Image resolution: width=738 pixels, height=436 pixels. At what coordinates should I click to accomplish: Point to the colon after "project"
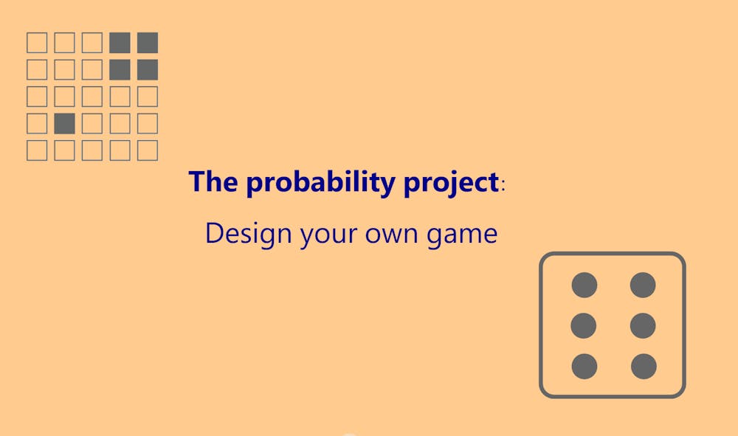(x=503, y=186)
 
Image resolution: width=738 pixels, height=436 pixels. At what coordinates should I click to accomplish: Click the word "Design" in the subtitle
(x=249, y=234)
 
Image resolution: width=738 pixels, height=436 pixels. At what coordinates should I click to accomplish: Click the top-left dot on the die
(x=584, y=285)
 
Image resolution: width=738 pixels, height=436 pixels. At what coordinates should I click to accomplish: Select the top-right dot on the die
(x=643, y=285)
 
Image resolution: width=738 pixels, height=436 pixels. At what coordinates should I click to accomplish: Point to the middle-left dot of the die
(x=584, y=325)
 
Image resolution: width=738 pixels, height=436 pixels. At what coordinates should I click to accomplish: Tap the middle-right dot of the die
(x=643, y=325)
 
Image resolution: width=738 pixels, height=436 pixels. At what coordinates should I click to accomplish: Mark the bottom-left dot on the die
(x=584, y=366)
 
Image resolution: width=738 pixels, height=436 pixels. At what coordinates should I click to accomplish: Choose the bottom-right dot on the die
(x=643, y=366)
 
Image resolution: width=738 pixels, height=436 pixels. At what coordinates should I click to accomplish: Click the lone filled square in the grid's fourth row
(x=65, y=123)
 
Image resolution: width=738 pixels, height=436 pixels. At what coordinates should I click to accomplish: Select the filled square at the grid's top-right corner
(x=148, y=43)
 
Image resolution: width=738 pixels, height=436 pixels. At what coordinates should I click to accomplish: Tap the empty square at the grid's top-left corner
(x=37, y=43)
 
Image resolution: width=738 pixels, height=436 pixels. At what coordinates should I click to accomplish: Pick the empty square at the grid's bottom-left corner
(x=37, y=150)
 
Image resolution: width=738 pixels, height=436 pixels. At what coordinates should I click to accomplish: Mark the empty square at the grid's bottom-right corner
(x=148, y=150)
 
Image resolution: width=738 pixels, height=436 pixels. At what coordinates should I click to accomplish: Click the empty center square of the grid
(x=92, y=97)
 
